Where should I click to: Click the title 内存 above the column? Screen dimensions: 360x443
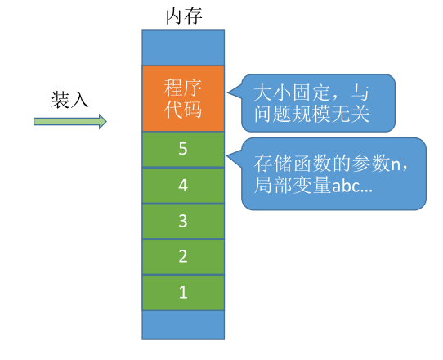click(x=182, y=14)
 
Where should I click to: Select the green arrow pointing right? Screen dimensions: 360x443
click(x=70, y=122)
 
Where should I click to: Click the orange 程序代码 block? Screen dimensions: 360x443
click(x=182, y=98)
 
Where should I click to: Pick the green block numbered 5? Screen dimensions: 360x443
click(x=182, y=149)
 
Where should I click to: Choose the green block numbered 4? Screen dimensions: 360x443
click(x=182, y=186)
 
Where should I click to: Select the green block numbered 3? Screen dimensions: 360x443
click(x=182, y=221)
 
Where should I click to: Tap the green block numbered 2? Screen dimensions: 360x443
click(x=182, y=257)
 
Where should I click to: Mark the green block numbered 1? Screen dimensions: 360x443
click(x=182, y=292)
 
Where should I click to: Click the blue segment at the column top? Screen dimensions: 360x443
click(x=182, y=47)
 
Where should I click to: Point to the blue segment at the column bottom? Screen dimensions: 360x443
click(x=182, y=324)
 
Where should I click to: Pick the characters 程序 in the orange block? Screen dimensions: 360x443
click(x=182, y=87)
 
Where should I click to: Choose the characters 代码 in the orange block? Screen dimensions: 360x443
click(x=182, y=110)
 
